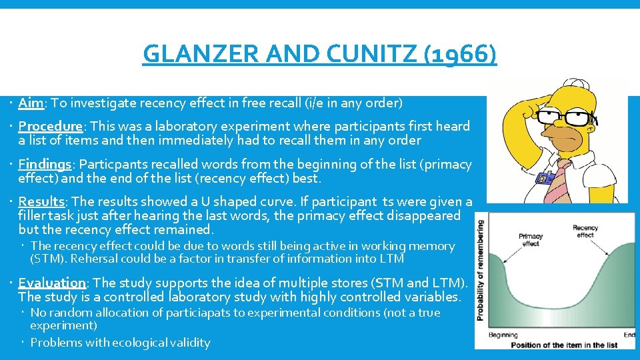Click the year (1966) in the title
[460, 53]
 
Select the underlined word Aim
[31, 103]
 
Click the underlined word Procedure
[50, 126]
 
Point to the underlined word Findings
[45, 164]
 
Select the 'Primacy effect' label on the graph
[531, 240]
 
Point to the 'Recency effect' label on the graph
[585, 231]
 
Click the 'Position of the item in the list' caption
[555, 345]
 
